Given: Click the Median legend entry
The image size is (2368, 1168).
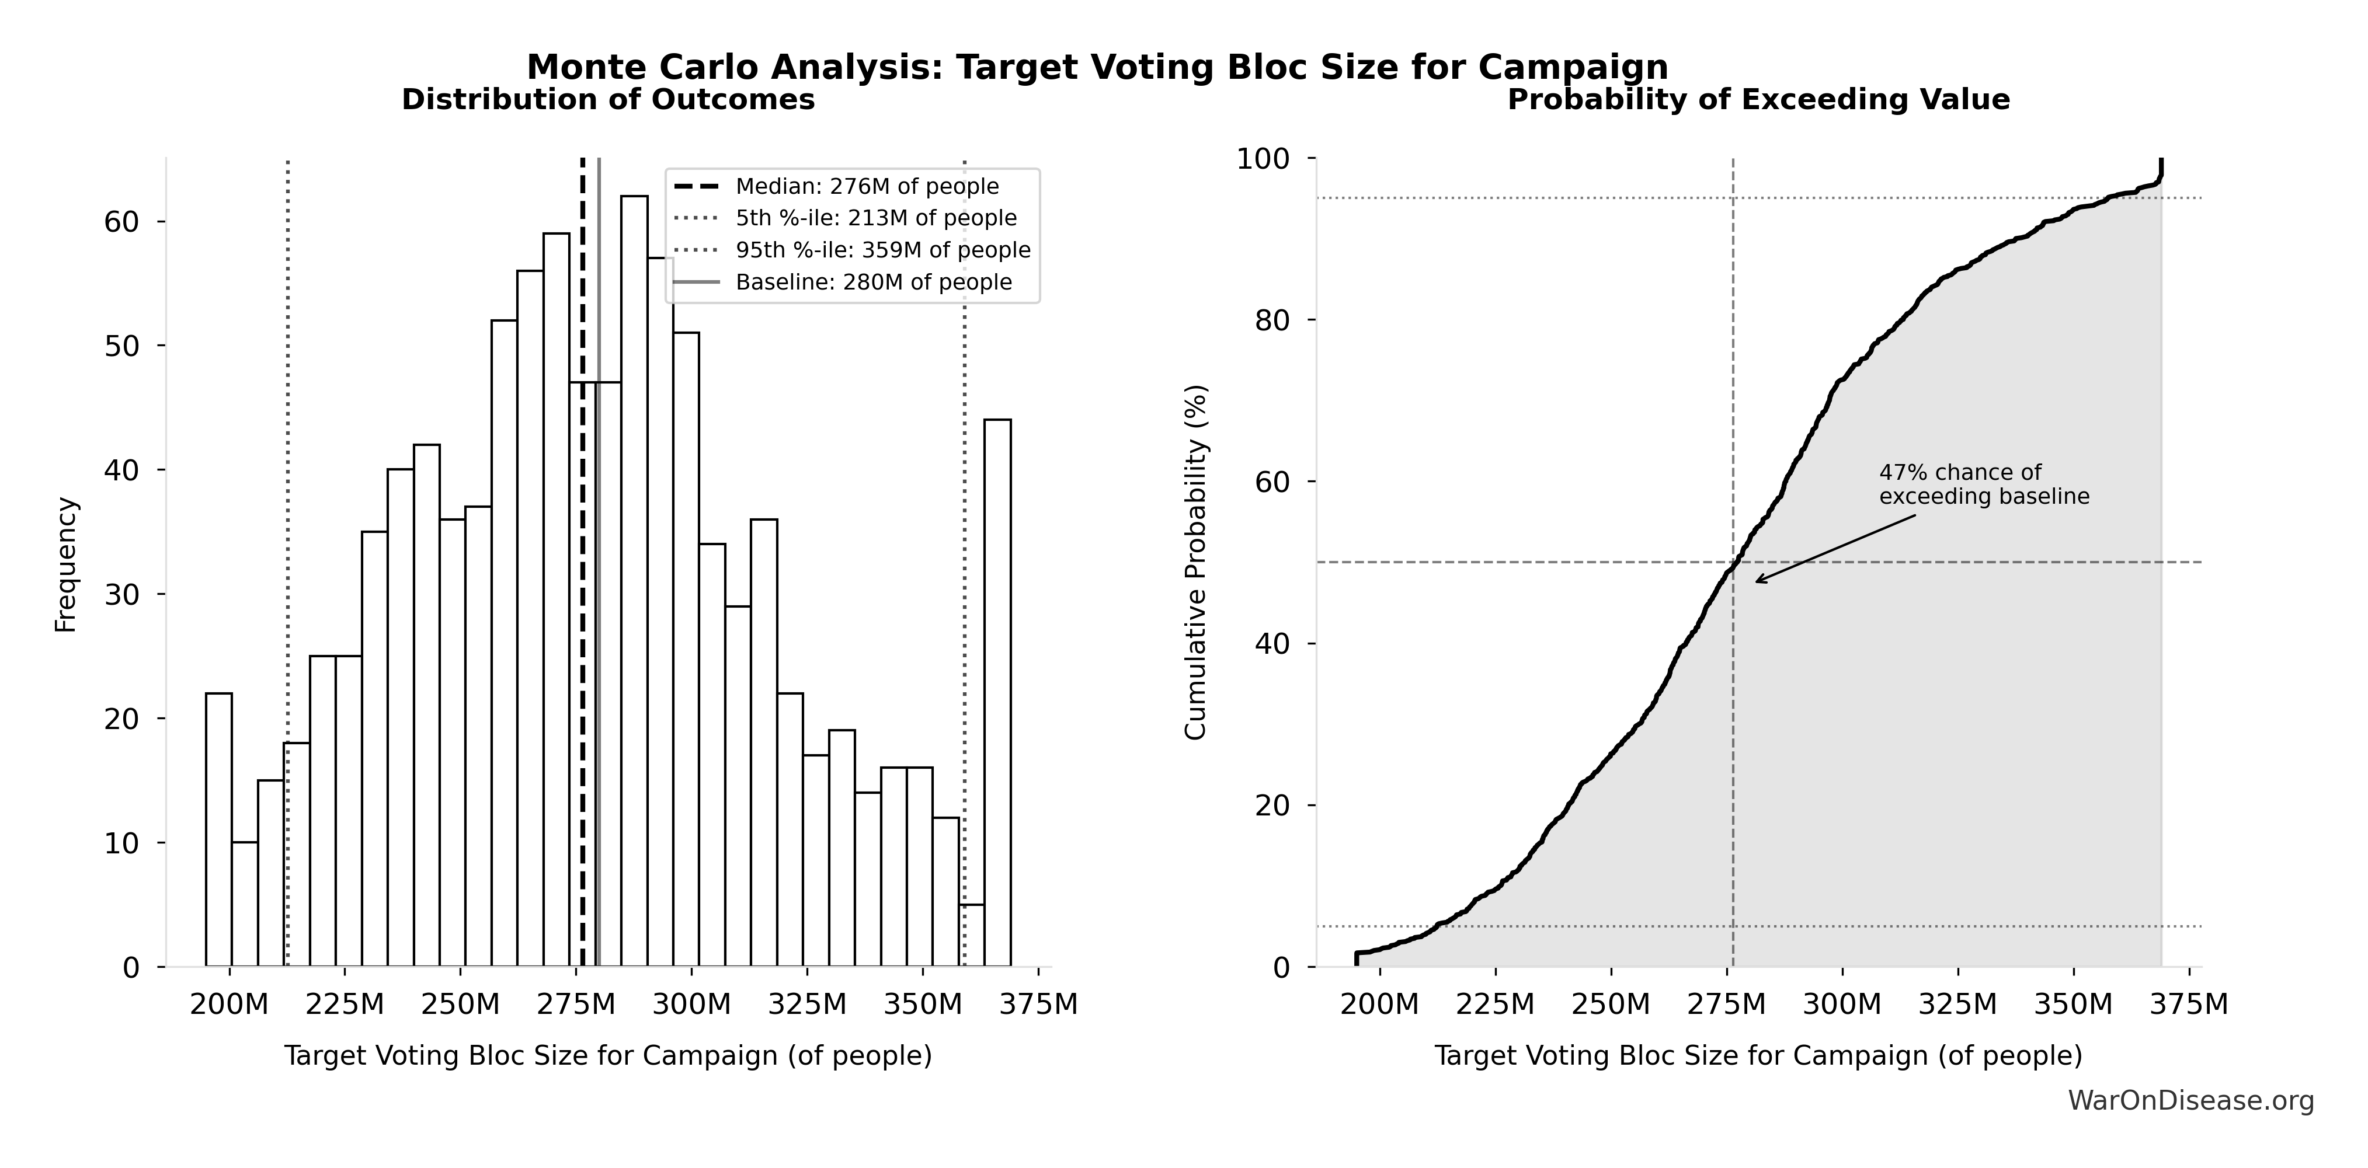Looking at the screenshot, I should pos(866,187).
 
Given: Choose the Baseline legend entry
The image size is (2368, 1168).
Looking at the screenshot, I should pos(872,282).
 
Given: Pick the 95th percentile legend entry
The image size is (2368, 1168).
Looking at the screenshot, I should pos(882,250).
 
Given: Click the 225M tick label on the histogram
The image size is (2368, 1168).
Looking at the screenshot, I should pos(345,1005).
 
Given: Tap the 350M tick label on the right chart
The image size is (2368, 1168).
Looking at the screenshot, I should pos(2074,1005).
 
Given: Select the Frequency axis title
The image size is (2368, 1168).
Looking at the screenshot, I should pos(66,564).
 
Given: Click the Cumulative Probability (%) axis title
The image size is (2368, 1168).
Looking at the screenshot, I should pos(1195,563).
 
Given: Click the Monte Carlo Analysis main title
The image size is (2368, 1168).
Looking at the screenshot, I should pos(1097,67).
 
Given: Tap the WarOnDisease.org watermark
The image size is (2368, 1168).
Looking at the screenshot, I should pos(2190,1101).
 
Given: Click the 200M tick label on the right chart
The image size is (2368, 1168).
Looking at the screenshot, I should pos(1380,1005).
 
